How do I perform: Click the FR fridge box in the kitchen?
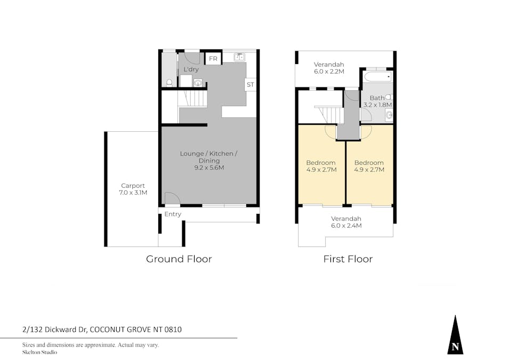click(213, 59)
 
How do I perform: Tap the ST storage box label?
click(251, 85)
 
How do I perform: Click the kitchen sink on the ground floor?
click(239, 57)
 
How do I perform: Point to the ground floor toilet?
click(169, 82)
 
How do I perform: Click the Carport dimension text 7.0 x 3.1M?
click(133, 193)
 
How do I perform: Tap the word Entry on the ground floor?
click(173, 214)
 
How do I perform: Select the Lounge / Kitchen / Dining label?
click(208, 154)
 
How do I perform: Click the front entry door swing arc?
click(172, 198)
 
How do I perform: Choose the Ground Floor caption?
click(179, 259)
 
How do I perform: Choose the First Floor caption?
click(348, 259)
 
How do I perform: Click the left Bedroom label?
click(320, 163)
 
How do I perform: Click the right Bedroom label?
click(369, 163)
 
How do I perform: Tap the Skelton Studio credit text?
click(39, 352)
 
